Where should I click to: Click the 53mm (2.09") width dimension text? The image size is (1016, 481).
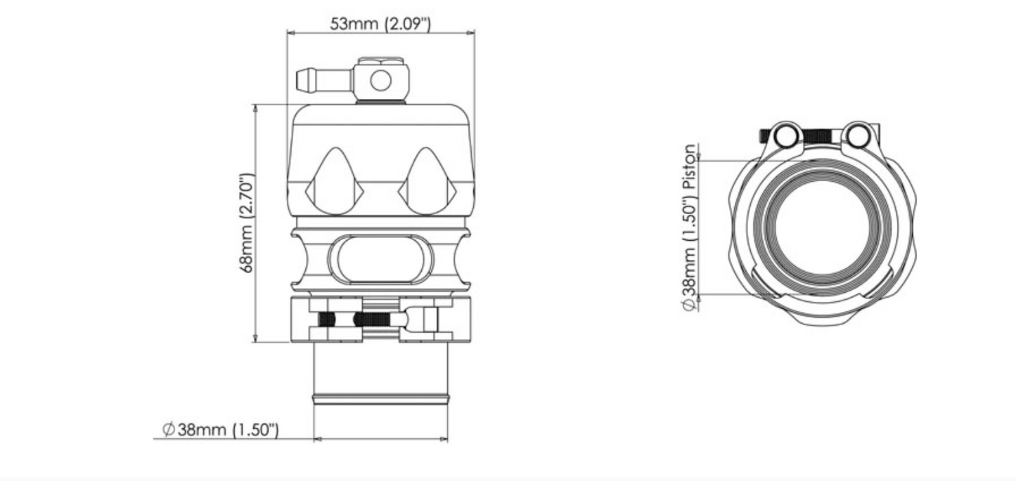380,24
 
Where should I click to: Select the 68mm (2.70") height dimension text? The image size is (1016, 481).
246,223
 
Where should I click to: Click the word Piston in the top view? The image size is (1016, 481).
690,166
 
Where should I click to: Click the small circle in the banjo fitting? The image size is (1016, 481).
380,81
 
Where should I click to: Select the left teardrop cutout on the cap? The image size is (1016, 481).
334,180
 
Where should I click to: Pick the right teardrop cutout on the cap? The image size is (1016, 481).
427,180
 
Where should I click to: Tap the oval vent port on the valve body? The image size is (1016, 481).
380,260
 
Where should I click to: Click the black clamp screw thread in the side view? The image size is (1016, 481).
372,319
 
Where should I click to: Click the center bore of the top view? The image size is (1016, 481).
823,228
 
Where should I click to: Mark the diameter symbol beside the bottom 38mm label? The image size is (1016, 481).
168,429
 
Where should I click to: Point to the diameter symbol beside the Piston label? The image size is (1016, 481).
690,305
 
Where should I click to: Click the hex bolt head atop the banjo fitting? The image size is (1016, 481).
381,60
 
